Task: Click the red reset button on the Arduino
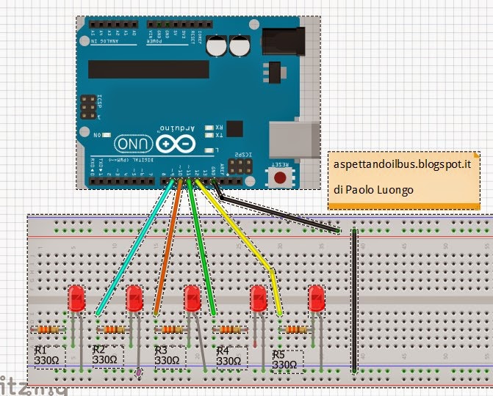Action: [x=280, y=177]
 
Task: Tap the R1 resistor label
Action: [x=48, y=355]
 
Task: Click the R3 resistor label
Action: [x=167, y=356]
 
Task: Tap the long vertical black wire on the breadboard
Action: [x=354, y=301]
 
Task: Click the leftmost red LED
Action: [x=76, y=298]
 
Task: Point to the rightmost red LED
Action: [x=316, y=298]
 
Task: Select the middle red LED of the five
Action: [x=192, y=298]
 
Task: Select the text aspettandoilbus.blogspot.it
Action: [x=402, y=167]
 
